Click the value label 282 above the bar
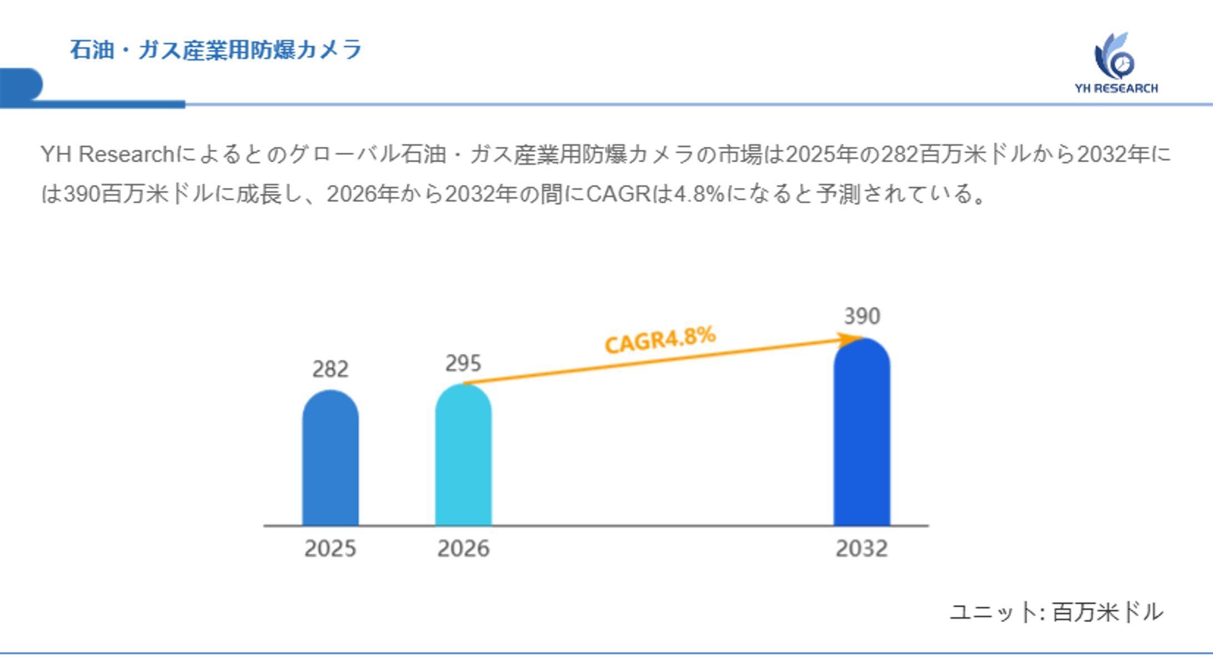click(x=330, y=369)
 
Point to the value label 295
click(x=463, y=364)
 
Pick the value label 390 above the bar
click(x=862, y=316)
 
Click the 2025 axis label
click(x=330, y=549)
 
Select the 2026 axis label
click(x=463, y=549)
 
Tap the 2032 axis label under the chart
click(x=861, y=549)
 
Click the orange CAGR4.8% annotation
click(x=660, y=339)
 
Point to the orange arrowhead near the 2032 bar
click(x=850, y=339)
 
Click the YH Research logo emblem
click(x=1115, y=56)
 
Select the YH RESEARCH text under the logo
click(x=1116, y=88)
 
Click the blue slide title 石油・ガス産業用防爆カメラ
click(x=216, y=50)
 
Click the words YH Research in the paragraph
click(x=108, y=154)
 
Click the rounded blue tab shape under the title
click(x=21, y=84)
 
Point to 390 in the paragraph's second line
click(x=82, y=194)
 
